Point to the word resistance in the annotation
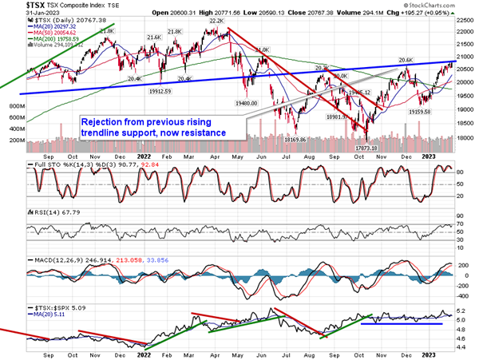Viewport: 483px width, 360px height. (196, 132)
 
